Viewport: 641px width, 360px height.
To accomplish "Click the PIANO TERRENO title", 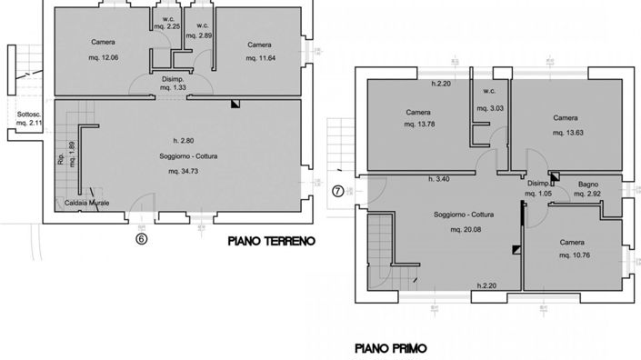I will click(271, 242).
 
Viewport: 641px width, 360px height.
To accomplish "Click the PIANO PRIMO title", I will click(389, 347).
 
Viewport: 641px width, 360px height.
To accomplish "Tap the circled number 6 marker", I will click(141, 240).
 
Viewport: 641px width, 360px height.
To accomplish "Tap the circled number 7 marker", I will click(337, 191).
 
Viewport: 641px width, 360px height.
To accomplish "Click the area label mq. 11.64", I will click(260, 58).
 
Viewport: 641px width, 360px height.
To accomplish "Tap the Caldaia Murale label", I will click(87, 203).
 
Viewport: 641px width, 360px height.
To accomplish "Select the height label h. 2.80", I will click(183, 140).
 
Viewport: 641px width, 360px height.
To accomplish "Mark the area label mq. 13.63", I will click(566, 133).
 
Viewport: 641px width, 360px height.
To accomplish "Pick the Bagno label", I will click(588, 185).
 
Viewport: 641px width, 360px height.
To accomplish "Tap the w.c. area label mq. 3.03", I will click(489, 107).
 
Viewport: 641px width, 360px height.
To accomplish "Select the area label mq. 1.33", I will click(173, 88).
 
